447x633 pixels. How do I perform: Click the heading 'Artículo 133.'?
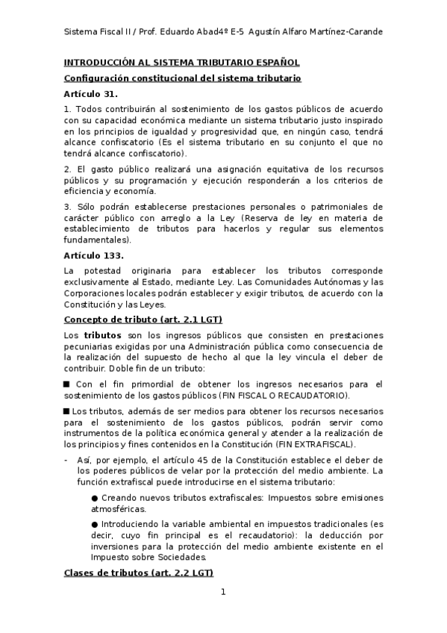pos(95,255)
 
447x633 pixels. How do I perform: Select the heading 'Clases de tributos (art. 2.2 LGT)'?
pos(138,573)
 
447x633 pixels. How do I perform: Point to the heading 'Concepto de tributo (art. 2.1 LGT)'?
pos(143,319)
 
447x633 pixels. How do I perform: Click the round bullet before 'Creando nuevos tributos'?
pos(94,497)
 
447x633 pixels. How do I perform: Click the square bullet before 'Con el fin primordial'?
pos(66,384)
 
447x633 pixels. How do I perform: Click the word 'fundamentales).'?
pos(98,240)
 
